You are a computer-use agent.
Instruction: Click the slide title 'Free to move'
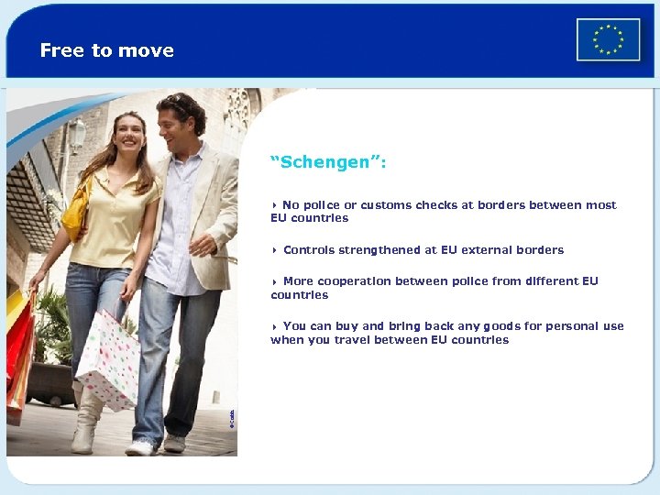click(107, 51)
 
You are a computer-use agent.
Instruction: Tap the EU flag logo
click(608, 39)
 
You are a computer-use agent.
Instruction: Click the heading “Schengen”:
click(328, 162)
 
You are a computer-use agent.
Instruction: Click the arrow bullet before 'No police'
click(274, 205)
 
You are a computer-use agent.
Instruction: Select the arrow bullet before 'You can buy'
click(274, 326)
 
